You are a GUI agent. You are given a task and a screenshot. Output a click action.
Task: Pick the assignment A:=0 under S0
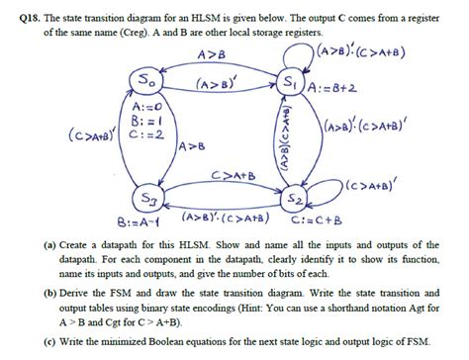(x=147, y=104)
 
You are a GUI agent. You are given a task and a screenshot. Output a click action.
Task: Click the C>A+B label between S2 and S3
(x=233, y=176)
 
